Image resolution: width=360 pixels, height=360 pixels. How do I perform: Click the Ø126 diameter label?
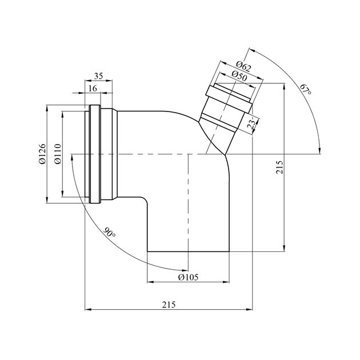pos(43,154)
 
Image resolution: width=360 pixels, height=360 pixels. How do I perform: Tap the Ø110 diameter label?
pos(58,154)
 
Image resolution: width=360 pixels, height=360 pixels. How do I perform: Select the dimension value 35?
pos(98,76)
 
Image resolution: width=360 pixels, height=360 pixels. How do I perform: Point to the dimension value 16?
pos(93,89)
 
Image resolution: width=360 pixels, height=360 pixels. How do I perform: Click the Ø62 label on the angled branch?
pos(243,66)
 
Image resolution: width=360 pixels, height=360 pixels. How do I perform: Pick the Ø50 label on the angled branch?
pos(239,76)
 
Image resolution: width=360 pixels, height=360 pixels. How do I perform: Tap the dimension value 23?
pos(251,124)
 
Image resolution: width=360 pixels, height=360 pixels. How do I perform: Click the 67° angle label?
pos(306,90)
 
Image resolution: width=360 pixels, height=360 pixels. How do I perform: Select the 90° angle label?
pos(109,233)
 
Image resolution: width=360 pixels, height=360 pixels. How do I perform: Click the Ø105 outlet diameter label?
pos(188,277)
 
